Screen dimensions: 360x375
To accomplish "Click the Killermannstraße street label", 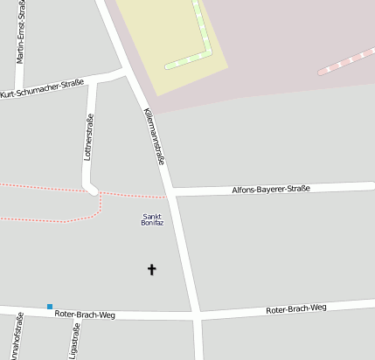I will (x=155, y=139).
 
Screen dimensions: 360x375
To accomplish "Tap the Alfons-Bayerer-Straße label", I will (x=270, y=188).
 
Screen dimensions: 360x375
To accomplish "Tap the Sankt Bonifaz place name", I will (x=152, y=219).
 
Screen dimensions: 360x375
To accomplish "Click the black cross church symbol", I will (x=151, y=270).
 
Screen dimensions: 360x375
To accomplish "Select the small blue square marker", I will (x=50, y=306).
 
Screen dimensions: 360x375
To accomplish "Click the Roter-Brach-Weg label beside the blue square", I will (x=85, y=313).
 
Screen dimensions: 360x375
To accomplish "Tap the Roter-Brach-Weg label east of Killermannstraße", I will (x=295, y=308).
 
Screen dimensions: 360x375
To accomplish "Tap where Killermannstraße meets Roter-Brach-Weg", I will (x=197, y=314).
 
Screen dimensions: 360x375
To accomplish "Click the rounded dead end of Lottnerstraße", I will (x=89, y=187).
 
